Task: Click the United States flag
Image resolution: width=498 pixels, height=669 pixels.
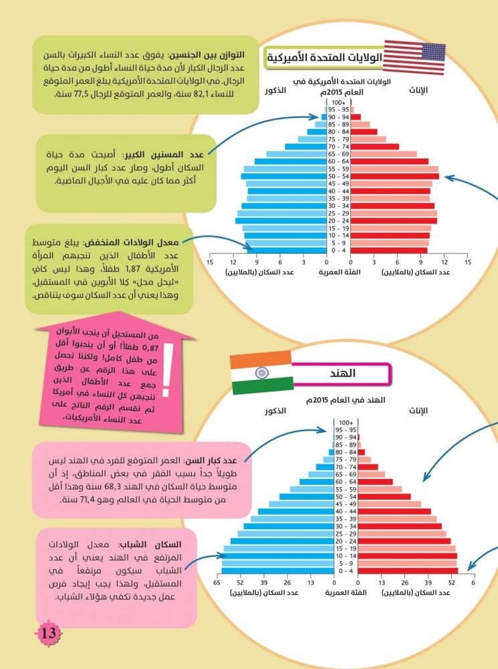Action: coord(415,58)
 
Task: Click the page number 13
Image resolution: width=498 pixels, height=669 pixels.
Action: coord(49,633)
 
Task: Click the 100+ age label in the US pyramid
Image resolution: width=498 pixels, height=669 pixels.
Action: coord(338,102)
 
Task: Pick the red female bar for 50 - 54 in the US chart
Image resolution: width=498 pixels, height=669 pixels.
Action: coord(394,176)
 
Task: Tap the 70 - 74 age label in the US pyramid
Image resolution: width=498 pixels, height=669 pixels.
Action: coord(338,147)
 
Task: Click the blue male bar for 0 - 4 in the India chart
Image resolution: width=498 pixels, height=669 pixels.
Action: coord(277,571)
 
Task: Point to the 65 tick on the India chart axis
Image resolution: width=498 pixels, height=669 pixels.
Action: coord(217,583)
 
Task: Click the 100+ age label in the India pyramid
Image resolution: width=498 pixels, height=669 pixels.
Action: coord(345,422)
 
